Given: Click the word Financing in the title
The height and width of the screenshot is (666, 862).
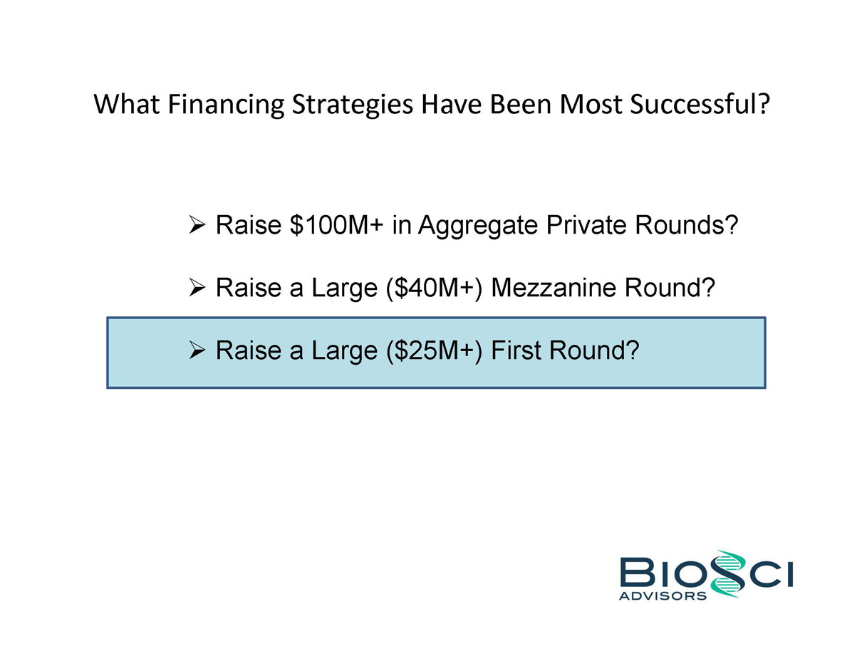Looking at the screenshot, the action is pyautogui.click(x=226, y=104).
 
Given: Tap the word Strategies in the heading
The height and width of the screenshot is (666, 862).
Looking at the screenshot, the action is pyautogui.click(x=352, y=105).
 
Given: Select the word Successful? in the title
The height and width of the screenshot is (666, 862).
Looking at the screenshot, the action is pyautogui.click(x=700, y=104).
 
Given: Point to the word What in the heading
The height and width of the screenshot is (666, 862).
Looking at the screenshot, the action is pyautogui.click(x=127, y=104).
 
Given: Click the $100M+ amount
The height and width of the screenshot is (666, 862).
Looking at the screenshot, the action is pyautogui.click(x=336, y=225).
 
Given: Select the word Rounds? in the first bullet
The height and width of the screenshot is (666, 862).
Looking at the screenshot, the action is pyautogui.click(x=686, y=225).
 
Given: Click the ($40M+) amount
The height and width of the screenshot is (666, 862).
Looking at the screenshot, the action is pyautogui.click(x=434, y=288).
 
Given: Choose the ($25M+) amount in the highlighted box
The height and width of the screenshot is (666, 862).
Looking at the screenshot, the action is pyautogui.click(x=434, y=350).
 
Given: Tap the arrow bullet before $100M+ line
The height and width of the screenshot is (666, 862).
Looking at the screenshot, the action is pyautogui.click(x=197, y=225).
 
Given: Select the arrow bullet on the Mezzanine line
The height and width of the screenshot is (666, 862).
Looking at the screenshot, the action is pyautogui.click(x=197, y=288).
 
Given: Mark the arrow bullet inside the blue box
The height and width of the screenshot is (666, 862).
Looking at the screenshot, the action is pyautogui.click(x=197, y=350).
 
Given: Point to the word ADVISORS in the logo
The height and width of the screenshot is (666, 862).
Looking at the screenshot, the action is pyautogui.click(x=663, y=595).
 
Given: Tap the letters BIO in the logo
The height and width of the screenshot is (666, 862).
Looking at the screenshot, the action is pyautogui.click(x=665, y=572).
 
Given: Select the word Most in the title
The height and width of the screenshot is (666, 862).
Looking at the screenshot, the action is pyautogui.click(x=591, y=104).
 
